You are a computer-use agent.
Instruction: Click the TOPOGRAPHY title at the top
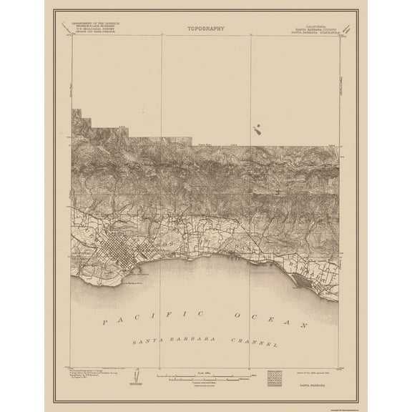tap(205, 29)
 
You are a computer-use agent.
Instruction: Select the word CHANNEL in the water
tap(252, 341)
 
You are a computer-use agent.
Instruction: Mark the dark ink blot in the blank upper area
tap(256, 129)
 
